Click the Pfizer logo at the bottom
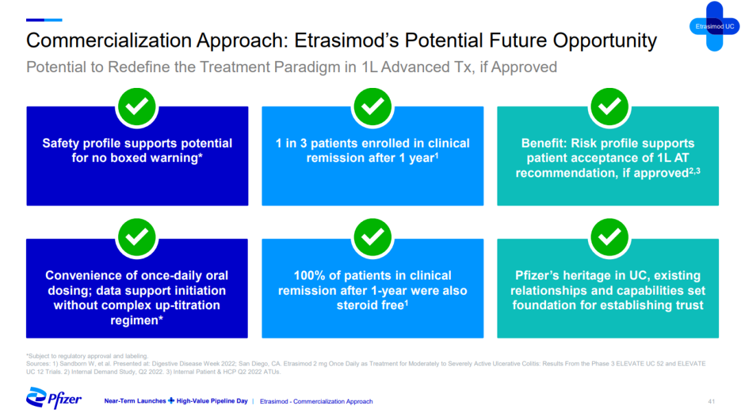pyautogui.click(x=54, y=398)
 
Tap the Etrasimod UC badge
pyautogui.click(x=714, y=27)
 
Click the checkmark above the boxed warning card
pyautogui.click(x=137, y=107)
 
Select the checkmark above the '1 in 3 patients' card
pyautogui.click(x=373, y=107)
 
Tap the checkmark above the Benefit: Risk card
pyautogui.click(x=609, y=107)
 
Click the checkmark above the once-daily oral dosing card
pyautogui.click(x=137, y=238)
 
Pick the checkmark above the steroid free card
pyautogui.click(x=373, y=238)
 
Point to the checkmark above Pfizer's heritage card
pyautogui.click(x=609, y=238)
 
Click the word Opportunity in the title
pyautogui.click(x=605, y=41)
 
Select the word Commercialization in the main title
pyautogui.click(x=110, y=41)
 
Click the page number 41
pyautogui.click(x=711, y=401)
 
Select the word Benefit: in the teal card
pyautogui.click(x=544, y=143)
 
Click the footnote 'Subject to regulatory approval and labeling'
pyautogui.click(x=87, y=356)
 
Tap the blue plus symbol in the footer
pyautogui.click(x=171, y=401)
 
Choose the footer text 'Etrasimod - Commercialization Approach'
pyautogui.click(x=316, y=401)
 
